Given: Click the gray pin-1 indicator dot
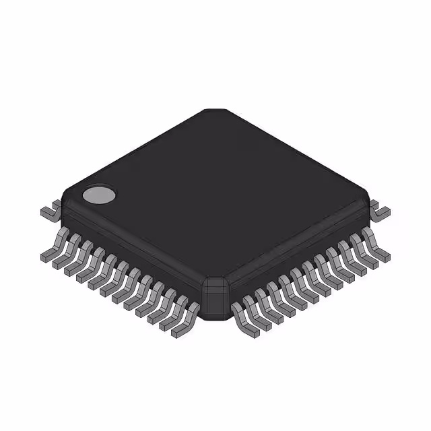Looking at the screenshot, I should point(99,195).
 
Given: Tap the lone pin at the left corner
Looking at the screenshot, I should point(48,211).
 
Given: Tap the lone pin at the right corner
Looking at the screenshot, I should point(380,211).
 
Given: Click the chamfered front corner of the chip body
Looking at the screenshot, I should point(215,296).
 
